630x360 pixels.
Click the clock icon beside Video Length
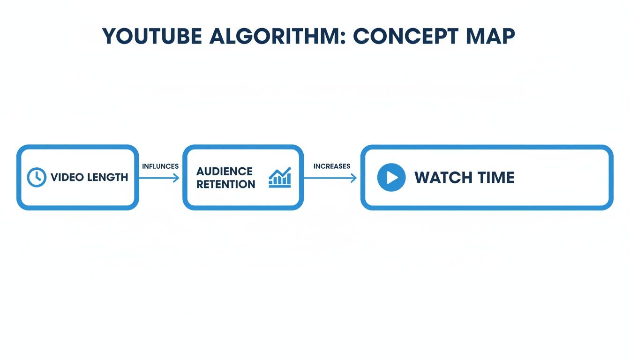tap(37, 177)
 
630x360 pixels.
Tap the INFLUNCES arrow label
tap(160, 166)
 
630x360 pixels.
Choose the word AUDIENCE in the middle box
tap(225, 171)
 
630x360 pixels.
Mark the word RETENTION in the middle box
tap(225, 184)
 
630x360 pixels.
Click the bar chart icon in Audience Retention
tap(279, 178)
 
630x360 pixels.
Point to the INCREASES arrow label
tap(331, 166)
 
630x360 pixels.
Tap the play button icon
tap(391, 178)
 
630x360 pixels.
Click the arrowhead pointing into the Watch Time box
tap(353, 178)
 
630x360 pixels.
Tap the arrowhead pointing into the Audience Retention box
tap(176, 178)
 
